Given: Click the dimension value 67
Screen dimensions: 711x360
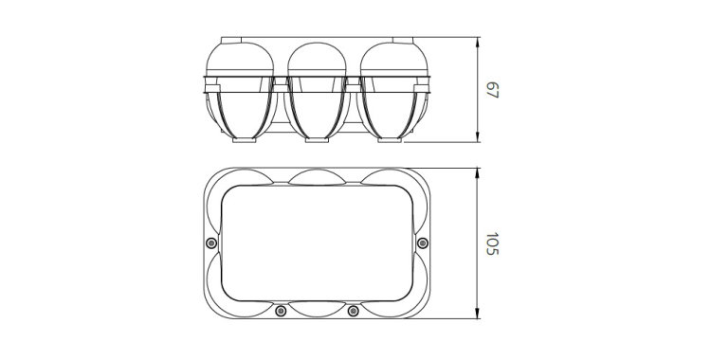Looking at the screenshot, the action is [492, 90].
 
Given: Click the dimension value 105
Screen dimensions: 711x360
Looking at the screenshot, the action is [492, 243].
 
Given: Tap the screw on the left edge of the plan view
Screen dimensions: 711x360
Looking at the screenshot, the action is [210, 243].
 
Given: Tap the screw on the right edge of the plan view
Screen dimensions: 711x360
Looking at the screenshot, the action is [423, 243].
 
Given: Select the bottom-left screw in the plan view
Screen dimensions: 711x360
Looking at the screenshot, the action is [282, 311].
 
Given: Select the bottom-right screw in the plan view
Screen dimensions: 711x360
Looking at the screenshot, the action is [354, 311].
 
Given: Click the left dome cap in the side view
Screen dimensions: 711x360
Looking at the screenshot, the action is [241, 58].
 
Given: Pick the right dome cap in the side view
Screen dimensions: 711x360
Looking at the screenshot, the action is [394, 58].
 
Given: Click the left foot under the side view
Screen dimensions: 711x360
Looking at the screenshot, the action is [245, 140].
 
